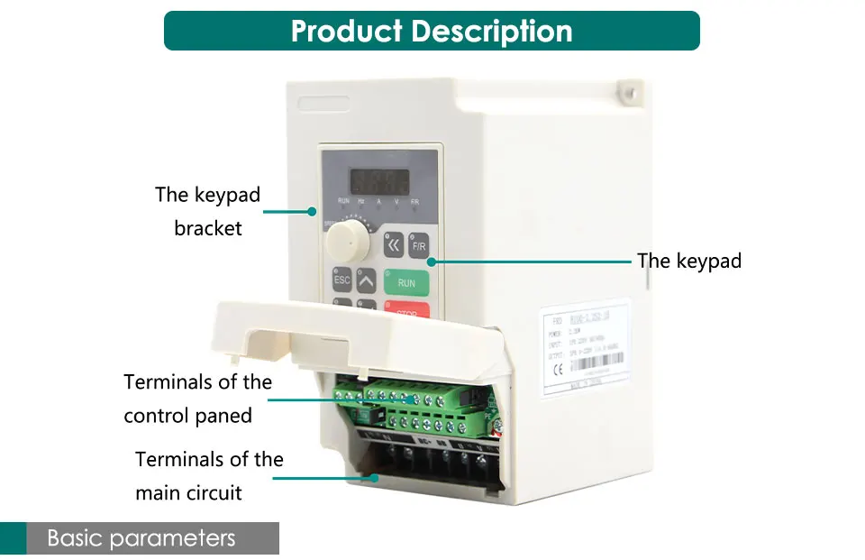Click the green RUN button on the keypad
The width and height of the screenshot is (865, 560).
[x=406, y=282]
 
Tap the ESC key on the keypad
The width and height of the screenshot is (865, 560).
[x=342, y=280]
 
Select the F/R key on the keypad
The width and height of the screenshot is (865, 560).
[x=418, y=245]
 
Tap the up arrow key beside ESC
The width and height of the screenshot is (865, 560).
[x=365, y=280]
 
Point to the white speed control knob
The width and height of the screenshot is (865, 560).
[x=342, y=241]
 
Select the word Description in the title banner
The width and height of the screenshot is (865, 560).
[x=492, y=32]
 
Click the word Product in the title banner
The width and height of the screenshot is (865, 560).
[x=346, y=32]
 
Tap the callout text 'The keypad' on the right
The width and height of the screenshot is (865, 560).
[x=689, y=262]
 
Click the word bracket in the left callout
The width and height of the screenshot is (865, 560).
[x=208, y=229]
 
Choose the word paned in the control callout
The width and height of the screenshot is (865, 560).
[x=223, y=417]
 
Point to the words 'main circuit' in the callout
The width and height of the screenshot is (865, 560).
[x=188, y=493]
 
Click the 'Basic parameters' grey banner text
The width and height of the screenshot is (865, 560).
[x=141, y=539]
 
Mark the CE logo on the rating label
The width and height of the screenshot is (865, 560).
[x=558, y=367]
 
